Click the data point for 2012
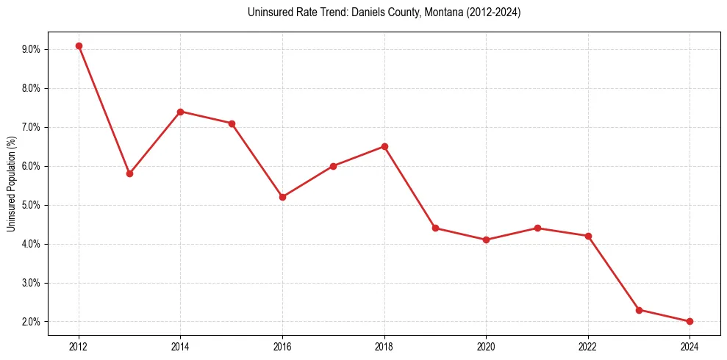point(79,46)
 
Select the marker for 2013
point(129,174)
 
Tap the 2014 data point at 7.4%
point(180,112)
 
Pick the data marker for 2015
point(232,123)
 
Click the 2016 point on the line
point(282,197)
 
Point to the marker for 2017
point(333,166)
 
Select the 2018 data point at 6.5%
point(384,146)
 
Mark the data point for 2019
point(435,228)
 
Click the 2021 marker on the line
point(537,228)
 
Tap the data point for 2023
point(639,310)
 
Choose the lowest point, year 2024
point(690,321)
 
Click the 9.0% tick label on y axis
point(31,49)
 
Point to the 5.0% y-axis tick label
point(31,205)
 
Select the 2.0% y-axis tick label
point(31,322)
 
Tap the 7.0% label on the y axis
point(31,127)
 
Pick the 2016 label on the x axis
point(282,345)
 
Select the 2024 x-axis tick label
point(690,345)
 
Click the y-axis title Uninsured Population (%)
point(12,184)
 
